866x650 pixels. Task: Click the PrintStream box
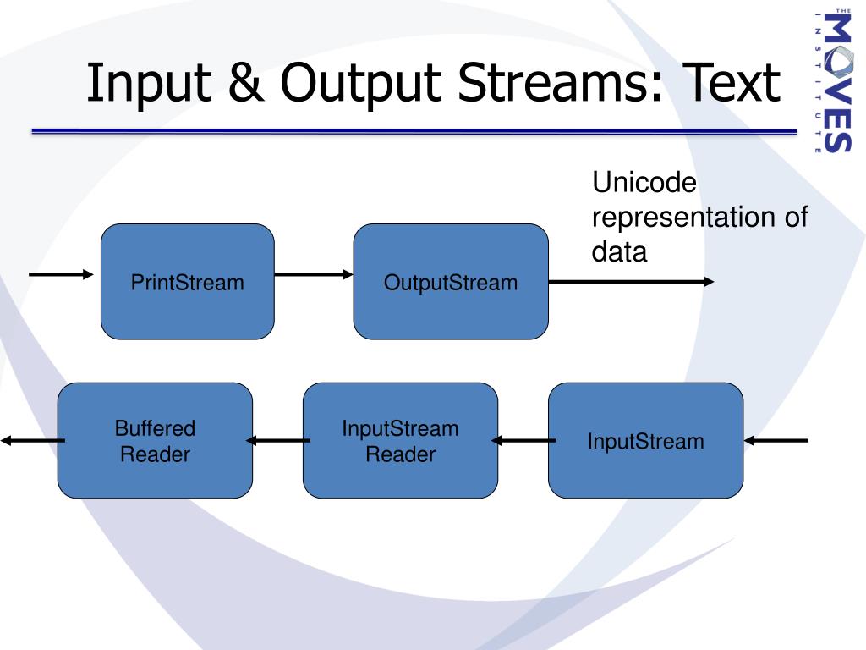[x=188, y=282]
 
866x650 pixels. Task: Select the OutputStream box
[x=450, y=282]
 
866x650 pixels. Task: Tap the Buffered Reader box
[x=155, y=440]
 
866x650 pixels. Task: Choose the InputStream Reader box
[x=400, y=440]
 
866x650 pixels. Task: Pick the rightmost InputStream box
[x=645, y=440]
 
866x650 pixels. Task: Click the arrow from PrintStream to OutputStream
[x=314, y=274]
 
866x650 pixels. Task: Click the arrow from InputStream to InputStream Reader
[x=523, y=440]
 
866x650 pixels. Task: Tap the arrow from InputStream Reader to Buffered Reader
[x=277, y=440]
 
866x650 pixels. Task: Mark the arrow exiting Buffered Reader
[x=32, y=440]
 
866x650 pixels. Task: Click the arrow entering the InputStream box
[x=776, y=440]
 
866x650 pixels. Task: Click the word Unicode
[x=644, y=182]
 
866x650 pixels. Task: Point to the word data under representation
[x=619, y=251]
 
